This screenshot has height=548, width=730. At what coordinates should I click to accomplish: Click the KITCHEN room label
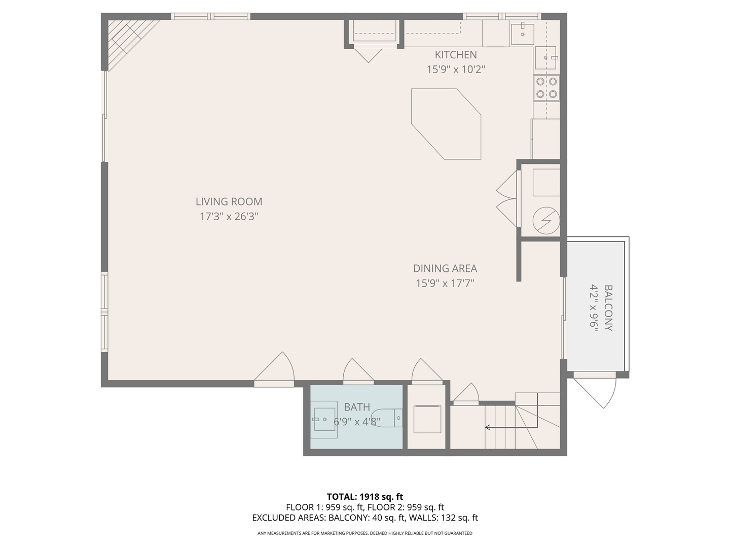coord(456,55)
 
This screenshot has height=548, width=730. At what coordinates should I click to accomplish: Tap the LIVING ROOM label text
coord(229,201)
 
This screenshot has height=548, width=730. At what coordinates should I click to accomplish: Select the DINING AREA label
coord(445,268)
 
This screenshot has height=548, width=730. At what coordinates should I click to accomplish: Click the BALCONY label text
coord(608,308)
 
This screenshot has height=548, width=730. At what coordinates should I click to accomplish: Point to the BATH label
coord(357,407)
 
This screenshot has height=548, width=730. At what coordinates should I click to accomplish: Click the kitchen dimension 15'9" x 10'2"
coord(456,70)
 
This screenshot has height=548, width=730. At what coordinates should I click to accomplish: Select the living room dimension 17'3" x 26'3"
coord(229,217)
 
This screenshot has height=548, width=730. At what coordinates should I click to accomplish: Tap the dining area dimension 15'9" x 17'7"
coord(445,283)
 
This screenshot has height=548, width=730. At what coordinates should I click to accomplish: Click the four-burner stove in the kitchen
coord(546,88)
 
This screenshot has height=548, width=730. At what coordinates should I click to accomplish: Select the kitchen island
coord(446,124)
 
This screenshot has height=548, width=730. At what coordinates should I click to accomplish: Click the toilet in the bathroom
coord(387,418)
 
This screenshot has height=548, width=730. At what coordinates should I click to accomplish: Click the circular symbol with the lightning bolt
coord(546,221)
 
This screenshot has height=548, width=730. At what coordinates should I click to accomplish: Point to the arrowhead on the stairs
coord(488,427)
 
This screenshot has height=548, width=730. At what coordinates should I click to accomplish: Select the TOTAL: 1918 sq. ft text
coord(365,497)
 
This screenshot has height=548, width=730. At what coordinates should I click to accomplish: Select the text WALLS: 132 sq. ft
coord(443,518)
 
